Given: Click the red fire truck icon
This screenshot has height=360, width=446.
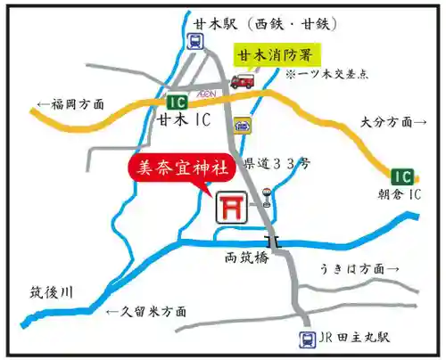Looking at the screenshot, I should point(242,81).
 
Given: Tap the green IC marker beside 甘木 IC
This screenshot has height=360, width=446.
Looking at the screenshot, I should point(177,101).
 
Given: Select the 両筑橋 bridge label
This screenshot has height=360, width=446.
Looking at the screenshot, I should point(245,258).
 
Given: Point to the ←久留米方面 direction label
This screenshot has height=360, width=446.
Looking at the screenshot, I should point(145,312).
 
